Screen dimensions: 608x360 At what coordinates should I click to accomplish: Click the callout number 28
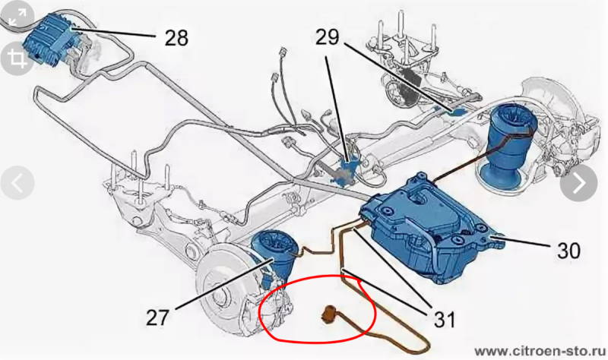point(176,38)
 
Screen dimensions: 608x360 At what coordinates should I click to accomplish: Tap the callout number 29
point(328,37)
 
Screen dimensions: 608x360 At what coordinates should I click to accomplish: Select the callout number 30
point(568,251)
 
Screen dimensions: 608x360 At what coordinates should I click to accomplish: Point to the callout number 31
point(444,320)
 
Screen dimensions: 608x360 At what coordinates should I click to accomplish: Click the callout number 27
point(158,317)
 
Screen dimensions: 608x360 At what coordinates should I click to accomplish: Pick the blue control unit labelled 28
point(52,36)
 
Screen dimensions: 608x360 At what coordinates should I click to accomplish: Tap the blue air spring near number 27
point(274,257)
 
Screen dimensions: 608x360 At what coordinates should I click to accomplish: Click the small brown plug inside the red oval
point(330,313)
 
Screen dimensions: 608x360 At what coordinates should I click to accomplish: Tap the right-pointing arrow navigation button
point(578,183)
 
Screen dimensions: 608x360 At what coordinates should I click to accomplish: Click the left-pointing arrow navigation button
point(17,183)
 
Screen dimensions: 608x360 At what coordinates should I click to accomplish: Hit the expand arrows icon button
point(17,17)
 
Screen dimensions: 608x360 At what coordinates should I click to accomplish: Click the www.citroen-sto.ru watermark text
point(541,351)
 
